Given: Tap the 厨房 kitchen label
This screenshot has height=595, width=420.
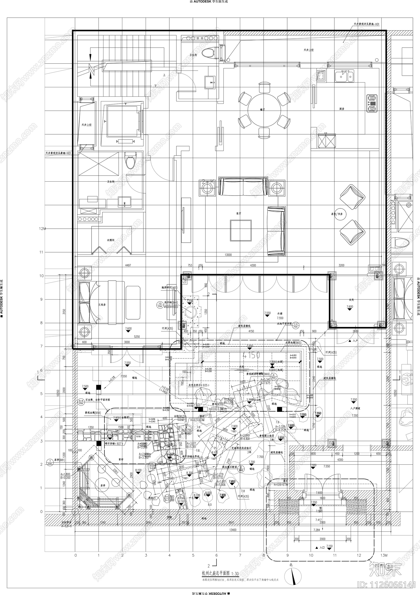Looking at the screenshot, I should (x=342, y=109).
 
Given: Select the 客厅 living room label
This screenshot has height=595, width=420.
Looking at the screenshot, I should (x=238, y=213).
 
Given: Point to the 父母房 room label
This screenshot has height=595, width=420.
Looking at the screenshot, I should (x=102, y=305).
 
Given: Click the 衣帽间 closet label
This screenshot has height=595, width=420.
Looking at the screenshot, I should (x=111, y=240).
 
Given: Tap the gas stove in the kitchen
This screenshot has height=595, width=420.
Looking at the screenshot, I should (x=372, y=103).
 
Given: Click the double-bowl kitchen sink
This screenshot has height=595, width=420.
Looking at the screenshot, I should (x=344, y=76).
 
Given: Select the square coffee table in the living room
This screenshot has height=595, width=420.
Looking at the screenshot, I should (x=241, y=230).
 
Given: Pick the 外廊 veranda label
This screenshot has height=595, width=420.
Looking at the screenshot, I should (x=280, y=314).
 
